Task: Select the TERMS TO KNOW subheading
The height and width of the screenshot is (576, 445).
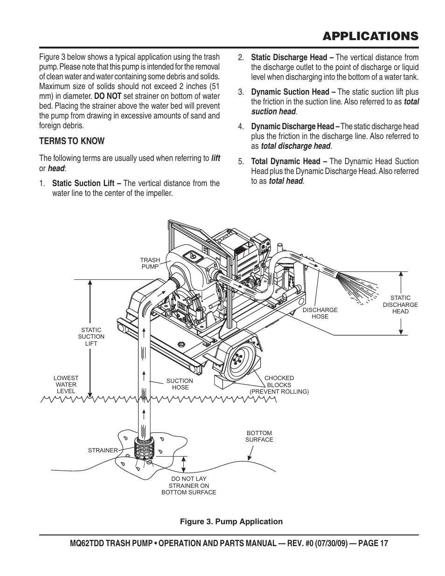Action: click(x=72, y=141)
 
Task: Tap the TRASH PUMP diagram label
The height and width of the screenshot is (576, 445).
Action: click(x=150, y=264)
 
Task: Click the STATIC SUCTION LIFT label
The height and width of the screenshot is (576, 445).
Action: click(x=91, y=337)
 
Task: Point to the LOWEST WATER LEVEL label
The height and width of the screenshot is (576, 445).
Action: click(x=66, y=385)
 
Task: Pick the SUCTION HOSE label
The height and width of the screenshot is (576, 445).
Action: click(x=180, y=384)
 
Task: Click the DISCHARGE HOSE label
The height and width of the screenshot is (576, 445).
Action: click(x=320, y=313)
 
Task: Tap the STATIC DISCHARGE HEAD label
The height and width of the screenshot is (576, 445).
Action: click(x=400, y=305)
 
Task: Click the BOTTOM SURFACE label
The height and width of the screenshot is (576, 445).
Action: click(x=259, y=436)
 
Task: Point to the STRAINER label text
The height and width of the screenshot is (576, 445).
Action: click(x=103, y=451)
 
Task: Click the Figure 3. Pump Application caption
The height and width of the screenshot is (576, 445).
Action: click(x=231, y=521)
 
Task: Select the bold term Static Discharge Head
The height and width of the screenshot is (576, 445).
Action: click(x=289, y=57)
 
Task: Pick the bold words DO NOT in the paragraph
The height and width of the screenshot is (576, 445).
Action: click(x=107, y=97)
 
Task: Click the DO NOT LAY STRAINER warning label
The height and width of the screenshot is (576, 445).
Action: click(x=189, y=486)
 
